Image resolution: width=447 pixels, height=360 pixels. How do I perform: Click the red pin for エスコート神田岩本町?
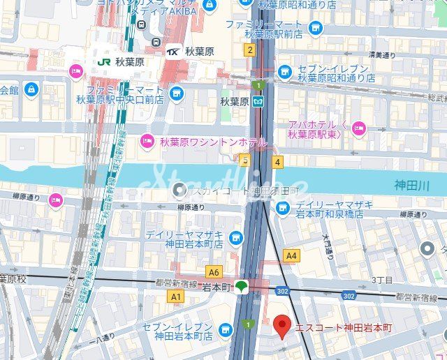281,326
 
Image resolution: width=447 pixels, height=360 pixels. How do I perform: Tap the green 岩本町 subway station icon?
241,285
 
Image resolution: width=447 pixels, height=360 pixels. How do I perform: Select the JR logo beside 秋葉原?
104,61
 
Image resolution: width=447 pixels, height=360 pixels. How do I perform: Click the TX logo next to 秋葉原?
174,51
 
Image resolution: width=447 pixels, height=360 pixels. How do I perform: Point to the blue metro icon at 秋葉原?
259,101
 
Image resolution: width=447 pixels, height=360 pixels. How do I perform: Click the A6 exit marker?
213,272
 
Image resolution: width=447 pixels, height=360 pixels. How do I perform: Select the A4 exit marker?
291,256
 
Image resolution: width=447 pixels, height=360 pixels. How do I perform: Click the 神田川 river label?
406,186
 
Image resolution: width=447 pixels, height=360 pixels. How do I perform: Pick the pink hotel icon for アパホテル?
358,127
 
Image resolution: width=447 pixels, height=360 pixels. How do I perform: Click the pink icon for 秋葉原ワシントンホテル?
147,142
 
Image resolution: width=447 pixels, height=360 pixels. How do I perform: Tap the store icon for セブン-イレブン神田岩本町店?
224,329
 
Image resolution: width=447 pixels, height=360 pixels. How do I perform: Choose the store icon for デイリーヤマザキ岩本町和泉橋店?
282,207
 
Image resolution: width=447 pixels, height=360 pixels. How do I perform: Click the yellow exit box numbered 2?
249,50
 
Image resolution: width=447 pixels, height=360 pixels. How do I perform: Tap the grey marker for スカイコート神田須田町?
180,189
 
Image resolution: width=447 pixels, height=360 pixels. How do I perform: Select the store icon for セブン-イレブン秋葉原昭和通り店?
284,71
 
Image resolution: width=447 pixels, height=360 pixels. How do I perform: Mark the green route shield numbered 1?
259,85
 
